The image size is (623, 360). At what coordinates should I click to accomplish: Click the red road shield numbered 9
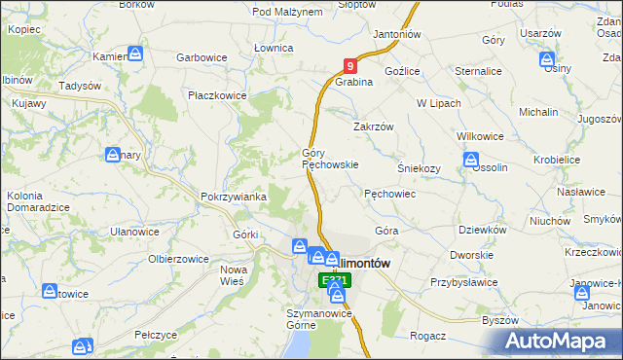click(x=350, y=66)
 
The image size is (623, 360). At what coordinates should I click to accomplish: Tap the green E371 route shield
click(x=334, y=280)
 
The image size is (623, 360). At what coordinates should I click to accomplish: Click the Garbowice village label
click(x=202, y=57)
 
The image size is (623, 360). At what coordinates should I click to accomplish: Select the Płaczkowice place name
click(x=218, y=96)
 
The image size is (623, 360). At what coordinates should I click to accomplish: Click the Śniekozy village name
click(x=420, y=167)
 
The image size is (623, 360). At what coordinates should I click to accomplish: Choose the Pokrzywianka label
click(x=234, y=197)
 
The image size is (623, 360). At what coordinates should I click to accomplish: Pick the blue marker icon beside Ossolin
click(x=471, y=161)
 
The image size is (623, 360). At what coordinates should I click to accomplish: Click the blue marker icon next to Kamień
click(x=136, y=54)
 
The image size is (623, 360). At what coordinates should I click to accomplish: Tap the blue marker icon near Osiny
click(x=548, y=60)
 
